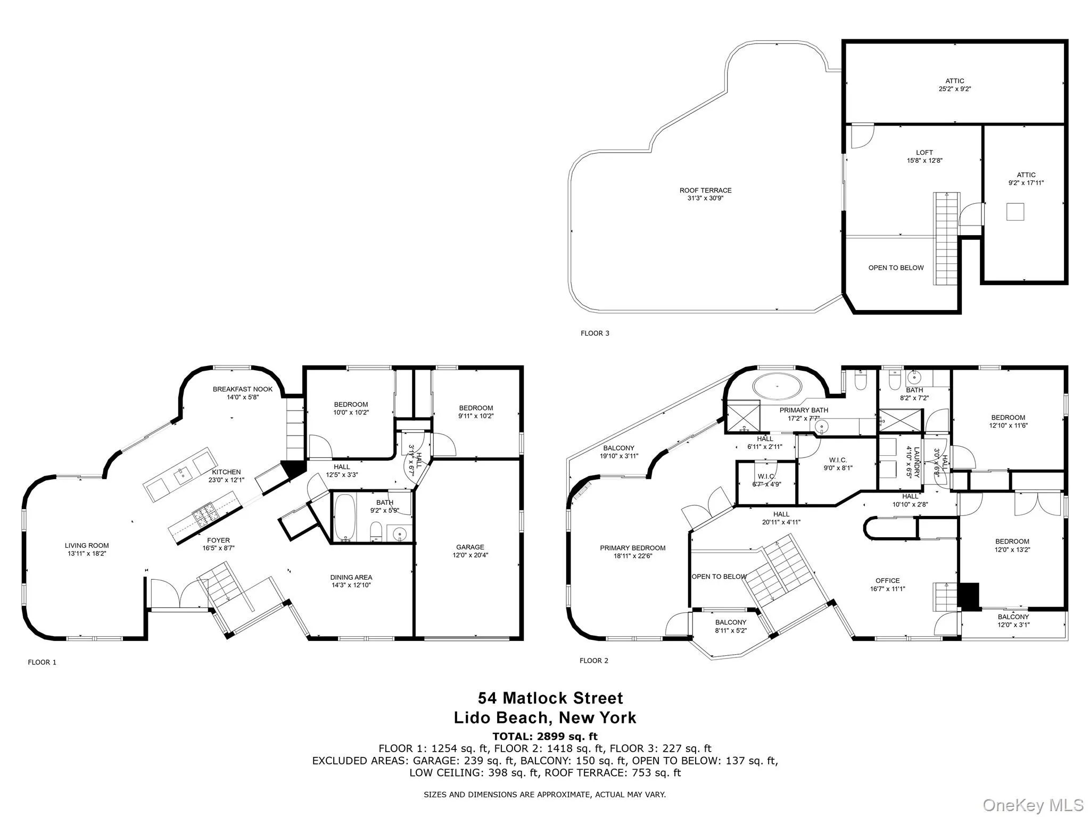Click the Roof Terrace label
click(x=705, y=190)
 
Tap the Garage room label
click(x=470, y=547)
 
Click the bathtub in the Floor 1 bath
click(x=344, y=516)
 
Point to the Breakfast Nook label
click(x=243, y=389)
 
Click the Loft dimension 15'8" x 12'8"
click(x=924, y=161)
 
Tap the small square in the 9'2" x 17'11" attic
click(x=1015, y=212)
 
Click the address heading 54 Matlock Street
click(x=550, y=698)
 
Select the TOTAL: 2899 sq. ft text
click(x=545, y=736)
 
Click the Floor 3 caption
click(x=594, y=334)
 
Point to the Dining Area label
click(x=351, y=577)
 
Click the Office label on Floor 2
click(x=888, y=580)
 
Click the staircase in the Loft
click(x=947, y=239)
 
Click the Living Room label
click(x=87, y=545)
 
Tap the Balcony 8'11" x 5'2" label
click(x=731, y=622)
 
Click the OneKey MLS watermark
click(x=1033, y=805)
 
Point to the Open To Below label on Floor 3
click(x=896, y=268)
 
